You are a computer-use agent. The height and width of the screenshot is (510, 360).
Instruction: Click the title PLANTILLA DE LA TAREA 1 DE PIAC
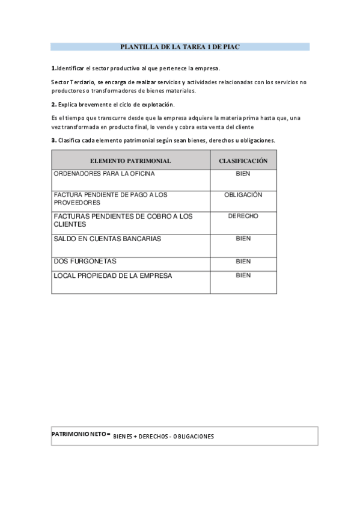click(x=180, y=46)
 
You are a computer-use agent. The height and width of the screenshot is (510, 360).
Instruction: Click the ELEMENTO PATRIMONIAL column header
click(x=130, y=161)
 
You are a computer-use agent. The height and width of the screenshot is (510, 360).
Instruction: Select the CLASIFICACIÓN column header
click(x=243, y=161)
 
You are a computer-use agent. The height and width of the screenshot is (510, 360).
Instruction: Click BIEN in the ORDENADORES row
click(x=243, y=174)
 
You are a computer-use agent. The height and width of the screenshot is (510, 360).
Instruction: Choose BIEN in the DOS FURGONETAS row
click(x=243, y=262)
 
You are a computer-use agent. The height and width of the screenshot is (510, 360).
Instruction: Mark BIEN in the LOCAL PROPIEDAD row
click(x=243, y=275)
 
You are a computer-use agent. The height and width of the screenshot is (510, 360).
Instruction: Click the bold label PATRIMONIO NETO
click(x=80, y=434)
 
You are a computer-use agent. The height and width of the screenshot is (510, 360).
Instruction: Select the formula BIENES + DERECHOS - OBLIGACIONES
click(x=163, y=437)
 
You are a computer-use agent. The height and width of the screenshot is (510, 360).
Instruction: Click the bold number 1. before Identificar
click(x=53, y=68)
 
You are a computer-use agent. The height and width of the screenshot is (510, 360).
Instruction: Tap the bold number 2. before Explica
click(x=53, y=105)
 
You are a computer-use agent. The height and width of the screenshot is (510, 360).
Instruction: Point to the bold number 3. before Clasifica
click(x=53, y=140)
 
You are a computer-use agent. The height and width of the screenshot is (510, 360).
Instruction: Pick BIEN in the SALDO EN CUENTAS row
click(x=243, y=239)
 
